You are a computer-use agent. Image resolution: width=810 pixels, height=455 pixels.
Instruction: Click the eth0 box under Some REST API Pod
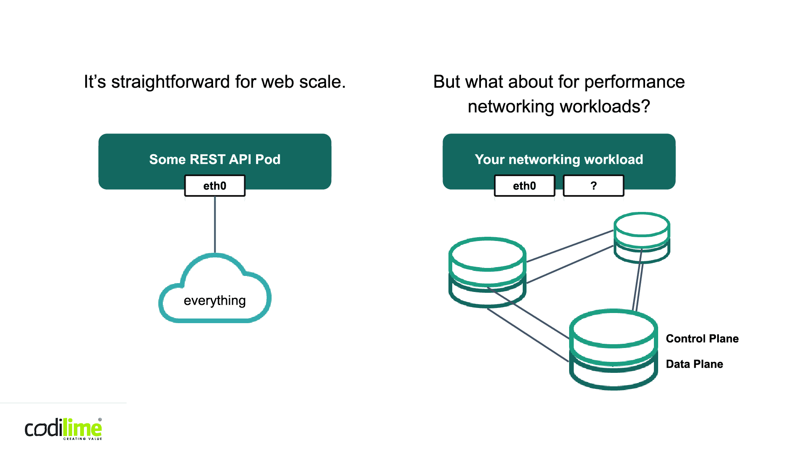[215, 186]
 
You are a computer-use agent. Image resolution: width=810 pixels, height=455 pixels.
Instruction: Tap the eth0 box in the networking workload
[524, 186]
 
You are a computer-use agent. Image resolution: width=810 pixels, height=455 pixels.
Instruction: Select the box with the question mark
[594, 186]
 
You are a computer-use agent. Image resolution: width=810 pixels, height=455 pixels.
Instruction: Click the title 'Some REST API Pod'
[215, 159]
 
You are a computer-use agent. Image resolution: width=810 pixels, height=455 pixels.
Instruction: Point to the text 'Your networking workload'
[559, 159]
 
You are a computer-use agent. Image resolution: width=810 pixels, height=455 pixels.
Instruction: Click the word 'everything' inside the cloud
[215, 300]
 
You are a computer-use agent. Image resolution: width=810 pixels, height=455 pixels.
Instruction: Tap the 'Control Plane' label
[702, 339]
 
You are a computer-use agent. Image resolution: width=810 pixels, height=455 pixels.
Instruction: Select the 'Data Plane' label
[694, 364]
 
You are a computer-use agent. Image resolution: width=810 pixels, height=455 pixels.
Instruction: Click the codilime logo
[63, 429]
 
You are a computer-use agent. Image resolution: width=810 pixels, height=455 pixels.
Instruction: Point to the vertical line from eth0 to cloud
[215, 225]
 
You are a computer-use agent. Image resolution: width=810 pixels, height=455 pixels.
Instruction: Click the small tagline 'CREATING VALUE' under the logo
[83, 439]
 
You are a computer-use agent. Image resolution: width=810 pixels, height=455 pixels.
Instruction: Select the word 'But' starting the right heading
[446, 82]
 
